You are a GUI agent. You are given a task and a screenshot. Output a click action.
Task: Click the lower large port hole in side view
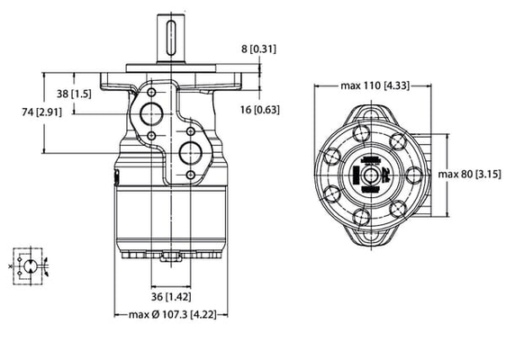pyautogui.click(x=191, y=148)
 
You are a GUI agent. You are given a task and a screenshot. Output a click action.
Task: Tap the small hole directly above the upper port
pyautogui.click(x=150, y=91)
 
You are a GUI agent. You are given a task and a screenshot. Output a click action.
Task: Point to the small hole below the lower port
pyautogui.click(x=191, y=172)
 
